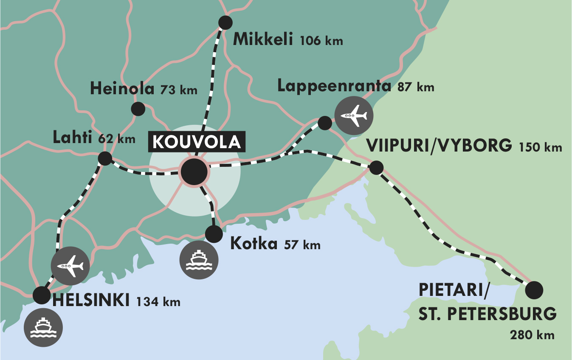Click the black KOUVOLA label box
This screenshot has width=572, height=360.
click(x=197, y=142)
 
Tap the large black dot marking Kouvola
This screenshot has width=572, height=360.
click(x=194, y=172)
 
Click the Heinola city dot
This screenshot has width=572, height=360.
click(x=138, y=109)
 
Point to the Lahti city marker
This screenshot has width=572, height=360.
click(x=105, y=159)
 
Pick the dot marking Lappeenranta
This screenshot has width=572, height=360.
click(x=325, y=123)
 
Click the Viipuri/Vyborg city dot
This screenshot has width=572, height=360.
click(x=376, y=167)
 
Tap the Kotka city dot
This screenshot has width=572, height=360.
click(x=214, y=233)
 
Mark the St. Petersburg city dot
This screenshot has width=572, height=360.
click(x=534, y=290)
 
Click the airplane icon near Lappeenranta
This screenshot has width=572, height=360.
click(x=354, y=115)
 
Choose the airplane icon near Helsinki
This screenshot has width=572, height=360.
click(x=70, y=266)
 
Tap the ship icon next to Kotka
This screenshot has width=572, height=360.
click(x=199, y=260)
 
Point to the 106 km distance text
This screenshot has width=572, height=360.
click(x=321, y=41)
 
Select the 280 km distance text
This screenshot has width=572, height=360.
click(x=532, y=335)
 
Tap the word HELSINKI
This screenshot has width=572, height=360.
click(x=90, y=300)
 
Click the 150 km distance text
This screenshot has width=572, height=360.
click(x=540, y=148)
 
